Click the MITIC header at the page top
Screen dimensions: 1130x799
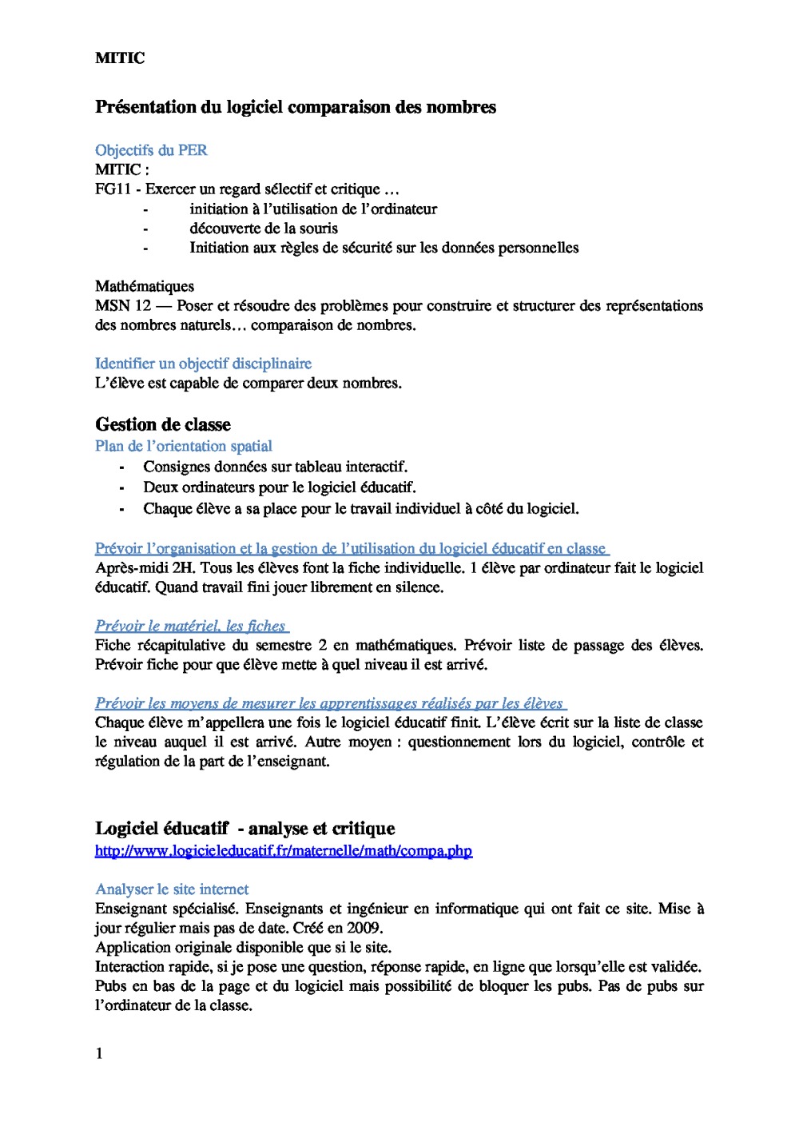coord(120,58)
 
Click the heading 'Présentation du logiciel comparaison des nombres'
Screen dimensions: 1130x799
coord(296,107)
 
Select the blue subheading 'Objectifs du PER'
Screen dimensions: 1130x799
coord(151,150)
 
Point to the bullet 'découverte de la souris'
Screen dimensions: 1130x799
coord(264,229)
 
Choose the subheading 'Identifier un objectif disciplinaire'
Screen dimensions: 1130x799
coord(203,364)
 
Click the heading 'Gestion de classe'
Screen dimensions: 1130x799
coord(163,424)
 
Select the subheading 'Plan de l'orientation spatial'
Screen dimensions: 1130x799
coord(184,446)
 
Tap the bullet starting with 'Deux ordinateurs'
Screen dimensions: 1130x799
coord(280,487)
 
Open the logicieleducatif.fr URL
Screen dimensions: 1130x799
coord(284,851)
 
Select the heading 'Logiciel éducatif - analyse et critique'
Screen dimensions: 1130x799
coord(245,829)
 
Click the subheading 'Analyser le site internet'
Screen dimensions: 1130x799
coord(172,889)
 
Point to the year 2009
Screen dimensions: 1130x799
coord(364,929)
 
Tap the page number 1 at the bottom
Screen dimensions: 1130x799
coord(99,1054)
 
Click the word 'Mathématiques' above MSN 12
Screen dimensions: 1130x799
coord(145,286)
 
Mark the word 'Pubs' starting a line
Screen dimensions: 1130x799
coord(110,986)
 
